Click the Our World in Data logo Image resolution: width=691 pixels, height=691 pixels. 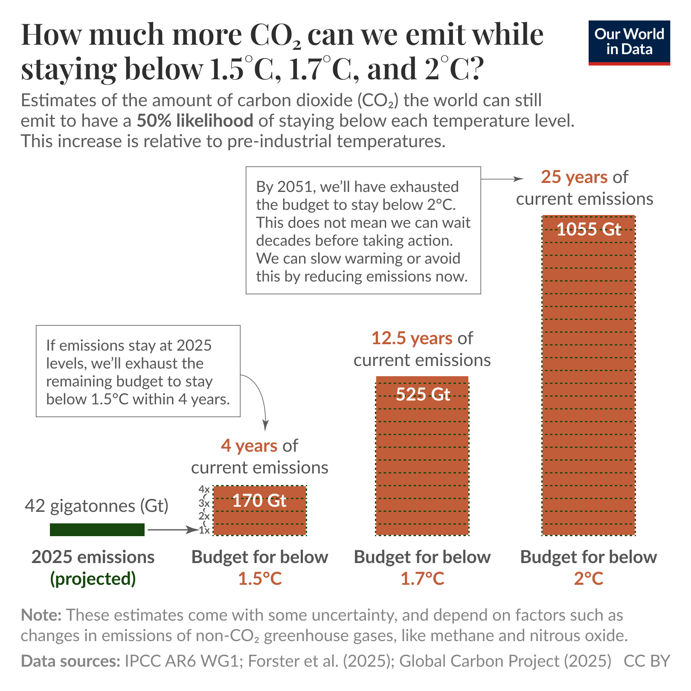point(629,42)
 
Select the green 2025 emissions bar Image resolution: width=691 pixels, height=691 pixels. point(97,529)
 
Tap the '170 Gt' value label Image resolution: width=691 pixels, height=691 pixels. point(259,500)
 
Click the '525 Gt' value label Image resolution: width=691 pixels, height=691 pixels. point(422,394)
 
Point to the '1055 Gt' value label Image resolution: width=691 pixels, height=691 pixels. point(589,229)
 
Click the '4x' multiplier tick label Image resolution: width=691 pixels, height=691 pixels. point(204,489)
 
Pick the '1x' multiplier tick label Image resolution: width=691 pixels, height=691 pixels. point(204,530)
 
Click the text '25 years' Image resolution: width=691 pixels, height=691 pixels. point(574,177)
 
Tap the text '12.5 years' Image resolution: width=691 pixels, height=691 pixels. point(412,338)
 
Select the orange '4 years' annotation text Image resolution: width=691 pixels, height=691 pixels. point(249,446)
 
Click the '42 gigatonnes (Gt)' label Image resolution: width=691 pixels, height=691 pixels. point(97,506)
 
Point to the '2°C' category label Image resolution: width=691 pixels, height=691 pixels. point(589,579)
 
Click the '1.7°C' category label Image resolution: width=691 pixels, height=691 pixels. point(422,579)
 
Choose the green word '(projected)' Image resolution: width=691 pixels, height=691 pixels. point(93,579)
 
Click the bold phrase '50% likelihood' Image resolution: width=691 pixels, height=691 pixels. point(195,121)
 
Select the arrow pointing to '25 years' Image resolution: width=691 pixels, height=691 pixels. point(502,179)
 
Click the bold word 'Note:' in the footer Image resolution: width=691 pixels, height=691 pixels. point(41,615)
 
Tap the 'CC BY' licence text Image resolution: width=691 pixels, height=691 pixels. point(647,661)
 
